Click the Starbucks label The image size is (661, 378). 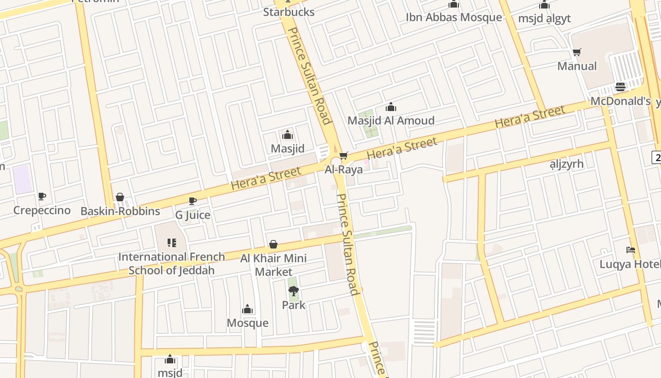click(288, 12)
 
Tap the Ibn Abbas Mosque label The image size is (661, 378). click(454, 17)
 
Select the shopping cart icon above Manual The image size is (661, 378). click(576, 52)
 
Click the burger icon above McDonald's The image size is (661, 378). click(620, 87)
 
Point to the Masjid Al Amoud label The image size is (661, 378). click(391, 120)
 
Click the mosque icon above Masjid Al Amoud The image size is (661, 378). click(391, 107)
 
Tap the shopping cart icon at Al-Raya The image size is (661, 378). click(344, 155)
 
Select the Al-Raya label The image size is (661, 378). click(344, 169)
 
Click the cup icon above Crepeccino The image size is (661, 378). click(42, 196)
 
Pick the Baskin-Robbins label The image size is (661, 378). click(120, 211)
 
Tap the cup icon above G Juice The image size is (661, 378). click(193, 201)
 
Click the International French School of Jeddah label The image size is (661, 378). click(171, 264)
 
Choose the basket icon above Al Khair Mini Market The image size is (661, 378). click(273, 244)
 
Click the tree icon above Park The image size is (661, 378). click(294, 291)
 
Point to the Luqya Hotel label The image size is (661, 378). click(629, 264)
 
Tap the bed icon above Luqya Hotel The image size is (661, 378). click(631, 250)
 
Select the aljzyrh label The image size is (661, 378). click(567, 164)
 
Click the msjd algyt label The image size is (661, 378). click(544, 18)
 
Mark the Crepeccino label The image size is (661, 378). click(42, 210)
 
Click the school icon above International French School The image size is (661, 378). click(172, 243)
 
